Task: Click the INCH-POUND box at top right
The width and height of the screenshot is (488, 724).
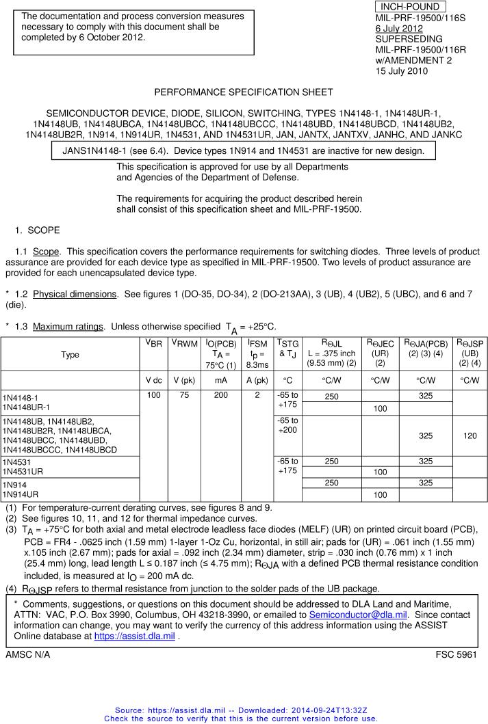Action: point(411,6)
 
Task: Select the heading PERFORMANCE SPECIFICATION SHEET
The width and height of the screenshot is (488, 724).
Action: point(244,92)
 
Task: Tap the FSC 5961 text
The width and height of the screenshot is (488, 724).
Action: point(457,655)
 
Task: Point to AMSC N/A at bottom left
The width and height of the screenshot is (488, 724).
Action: point(27,655)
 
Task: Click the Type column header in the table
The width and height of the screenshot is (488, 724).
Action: point(70,355)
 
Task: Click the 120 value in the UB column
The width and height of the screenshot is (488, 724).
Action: point(470,435)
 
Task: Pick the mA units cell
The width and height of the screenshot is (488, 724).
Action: point(220,380)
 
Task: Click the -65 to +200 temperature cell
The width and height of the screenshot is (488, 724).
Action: point(287,425)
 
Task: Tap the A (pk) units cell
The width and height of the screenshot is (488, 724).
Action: point(257,380)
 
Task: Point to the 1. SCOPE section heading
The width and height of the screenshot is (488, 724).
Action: point(37,230)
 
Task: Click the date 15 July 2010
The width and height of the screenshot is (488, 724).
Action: point(401,71)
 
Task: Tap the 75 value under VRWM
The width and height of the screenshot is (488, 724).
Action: point(183,395)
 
